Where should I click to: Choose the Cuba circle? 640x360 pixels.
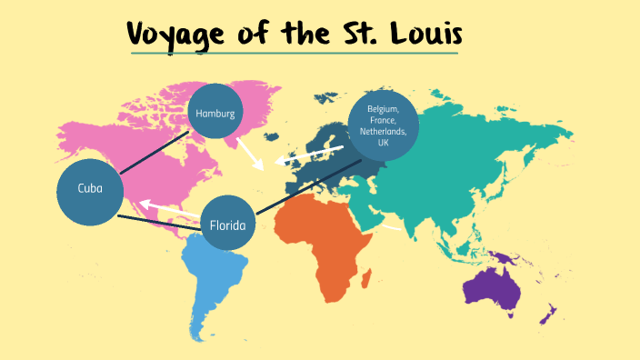coord(89,190)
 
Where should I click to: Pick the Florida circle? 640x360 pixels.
coord(228,224)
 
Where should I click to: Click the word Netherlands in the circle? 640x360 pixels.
coord(383,131)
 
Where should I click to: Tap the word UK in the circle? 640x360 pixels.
coord(383,143)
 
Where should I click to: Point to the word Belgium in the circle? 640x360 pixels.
coord(383,108)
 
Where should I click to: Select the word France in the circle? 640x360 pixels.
coord(383,119)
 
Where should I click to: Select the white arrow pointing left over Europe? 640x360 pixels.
coord(309,155)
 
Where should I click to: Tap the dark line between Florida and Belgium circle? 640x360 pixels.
coord(309,187)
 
